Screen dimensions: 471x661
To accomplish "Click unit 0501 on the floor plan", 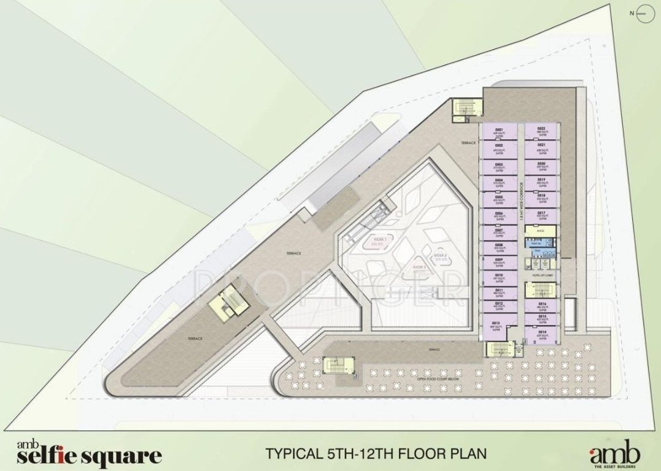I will pos(499,132).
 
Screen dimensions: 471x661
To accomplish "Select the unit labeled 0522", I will pos(541,132).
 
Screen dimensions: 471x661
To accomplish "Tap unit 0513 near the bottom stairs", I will pos(499,326).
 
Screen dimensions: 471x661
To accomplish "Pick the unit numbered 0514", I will pos(542,334).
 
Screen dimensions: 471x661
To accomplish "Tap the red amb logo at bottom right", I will pos(615,454).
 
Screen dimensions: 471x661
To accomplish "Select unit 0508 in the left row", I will pos(499,247).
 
